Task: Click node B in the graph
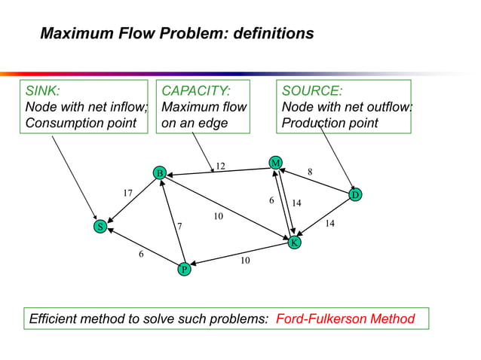[x=159, y=174]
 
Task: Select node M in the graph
[x=276, y=163]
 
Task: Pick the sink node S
[x=99, y=227]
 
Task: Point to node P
[x=183, y=269]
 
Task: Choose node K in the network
[x=294, y=243]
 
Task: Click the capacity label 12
[x=220, y=166]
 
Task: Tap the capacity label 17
[x=128, y=194]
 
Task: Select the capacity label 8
[x=309, y=172]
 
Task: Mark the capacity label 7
[x=179, y=226]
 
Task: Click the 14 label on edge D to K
[x=330, y=224]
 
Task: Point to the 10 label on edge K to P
[x=245, y=261]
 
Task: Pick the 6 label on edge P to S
[x=140, y=255]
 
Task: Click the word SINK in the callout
[x=42, y=91]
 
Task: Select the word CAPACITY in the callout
[x=196, y=91]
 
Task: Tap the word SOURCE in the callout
[x=311, y=91]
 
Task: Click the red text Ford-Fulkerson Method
[x=345, y=319]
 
